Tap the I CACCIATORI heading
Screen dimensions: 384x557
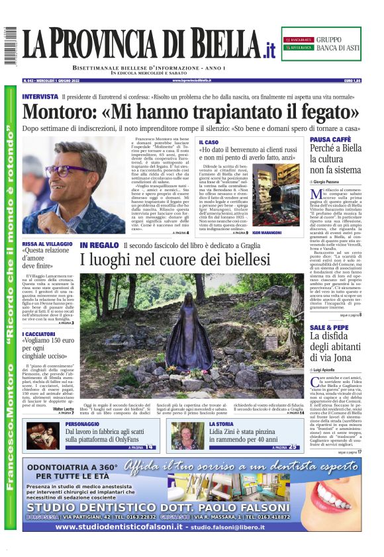(39, 336)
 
